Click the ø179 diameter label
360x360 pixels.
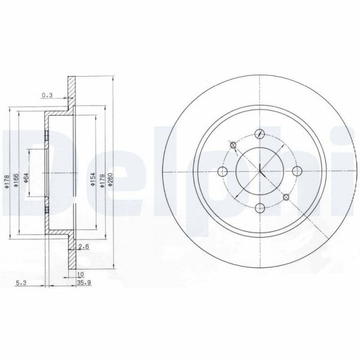(102, 180)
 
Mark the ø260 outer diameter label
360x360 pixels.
(111, 180)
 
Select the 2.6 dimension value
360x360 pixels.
(84, 246)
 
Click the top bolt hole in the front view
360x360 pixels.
(259, 135)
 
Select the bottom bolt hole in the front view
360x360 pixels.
(259, 208)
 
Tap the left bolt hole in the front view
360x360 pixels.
(223, 171)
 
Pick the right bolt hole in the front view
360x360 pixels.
(296, 171)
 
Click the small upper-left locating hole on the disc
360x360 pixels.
(232, 144)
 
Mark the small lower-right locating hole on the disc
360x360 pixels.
(287, 197)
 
